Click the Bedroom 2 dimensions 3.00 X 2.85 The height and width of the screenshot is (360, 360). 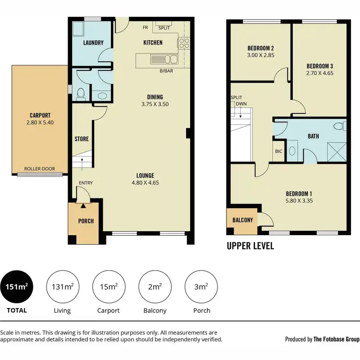click(261, 56)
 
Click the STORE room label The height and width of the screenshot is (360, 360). click(82, 139)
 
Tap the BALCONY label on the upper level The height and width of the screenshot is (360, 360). click(242, 220)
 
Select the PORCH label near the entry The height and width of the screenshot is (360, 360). click(86, 221)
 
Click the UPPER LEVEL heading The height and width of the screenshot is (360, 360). click(250, 246)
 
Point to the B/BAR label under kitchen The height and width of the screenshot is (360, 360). click(166, 72)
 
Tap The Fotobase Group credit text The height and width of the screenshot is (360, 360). click(336, 339)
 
